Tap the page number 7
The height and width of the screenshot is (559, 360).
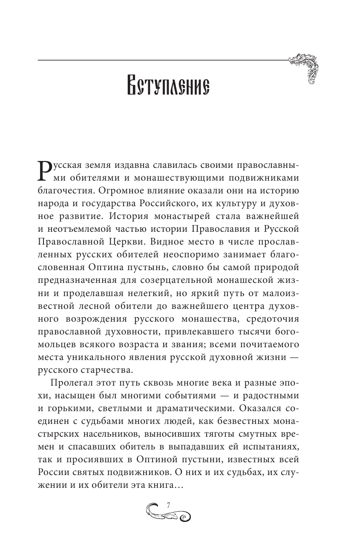point(169,504)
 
